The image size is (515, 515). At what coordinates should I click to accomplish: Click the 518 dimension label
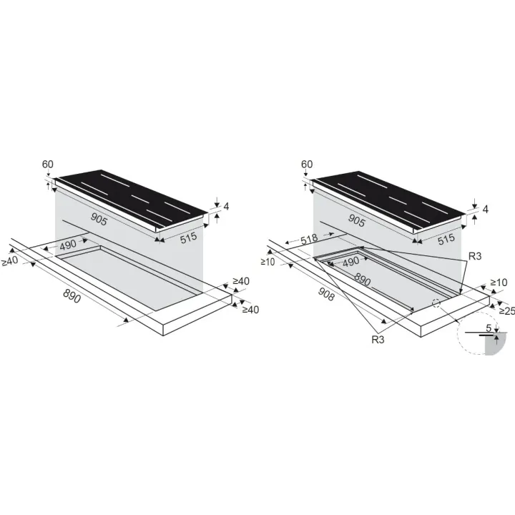(309, 238)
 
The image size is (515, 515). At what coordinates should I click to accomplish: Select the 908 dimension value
(326, 295)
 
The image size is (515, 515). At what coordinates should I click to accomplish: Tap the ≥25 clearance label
(507, 310)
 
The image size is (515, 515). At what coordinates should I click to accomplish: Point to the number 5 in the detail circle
(489, 328)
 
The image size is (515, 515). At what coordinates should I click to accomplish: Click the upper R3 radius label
(475, 256)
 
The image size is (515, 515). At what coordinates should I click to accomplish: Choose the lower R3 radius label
(378, 340)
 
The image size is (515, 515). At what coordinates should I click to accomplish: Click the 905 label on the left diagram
(99, 219)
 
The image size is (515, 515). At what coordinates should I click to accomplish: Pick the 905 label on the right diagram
(357, 220)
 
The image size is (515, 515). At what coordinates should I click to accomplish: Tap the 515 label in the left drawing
(189, 237)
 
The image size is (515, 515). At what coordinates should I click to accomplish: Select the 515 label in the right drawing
(446, 239)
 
